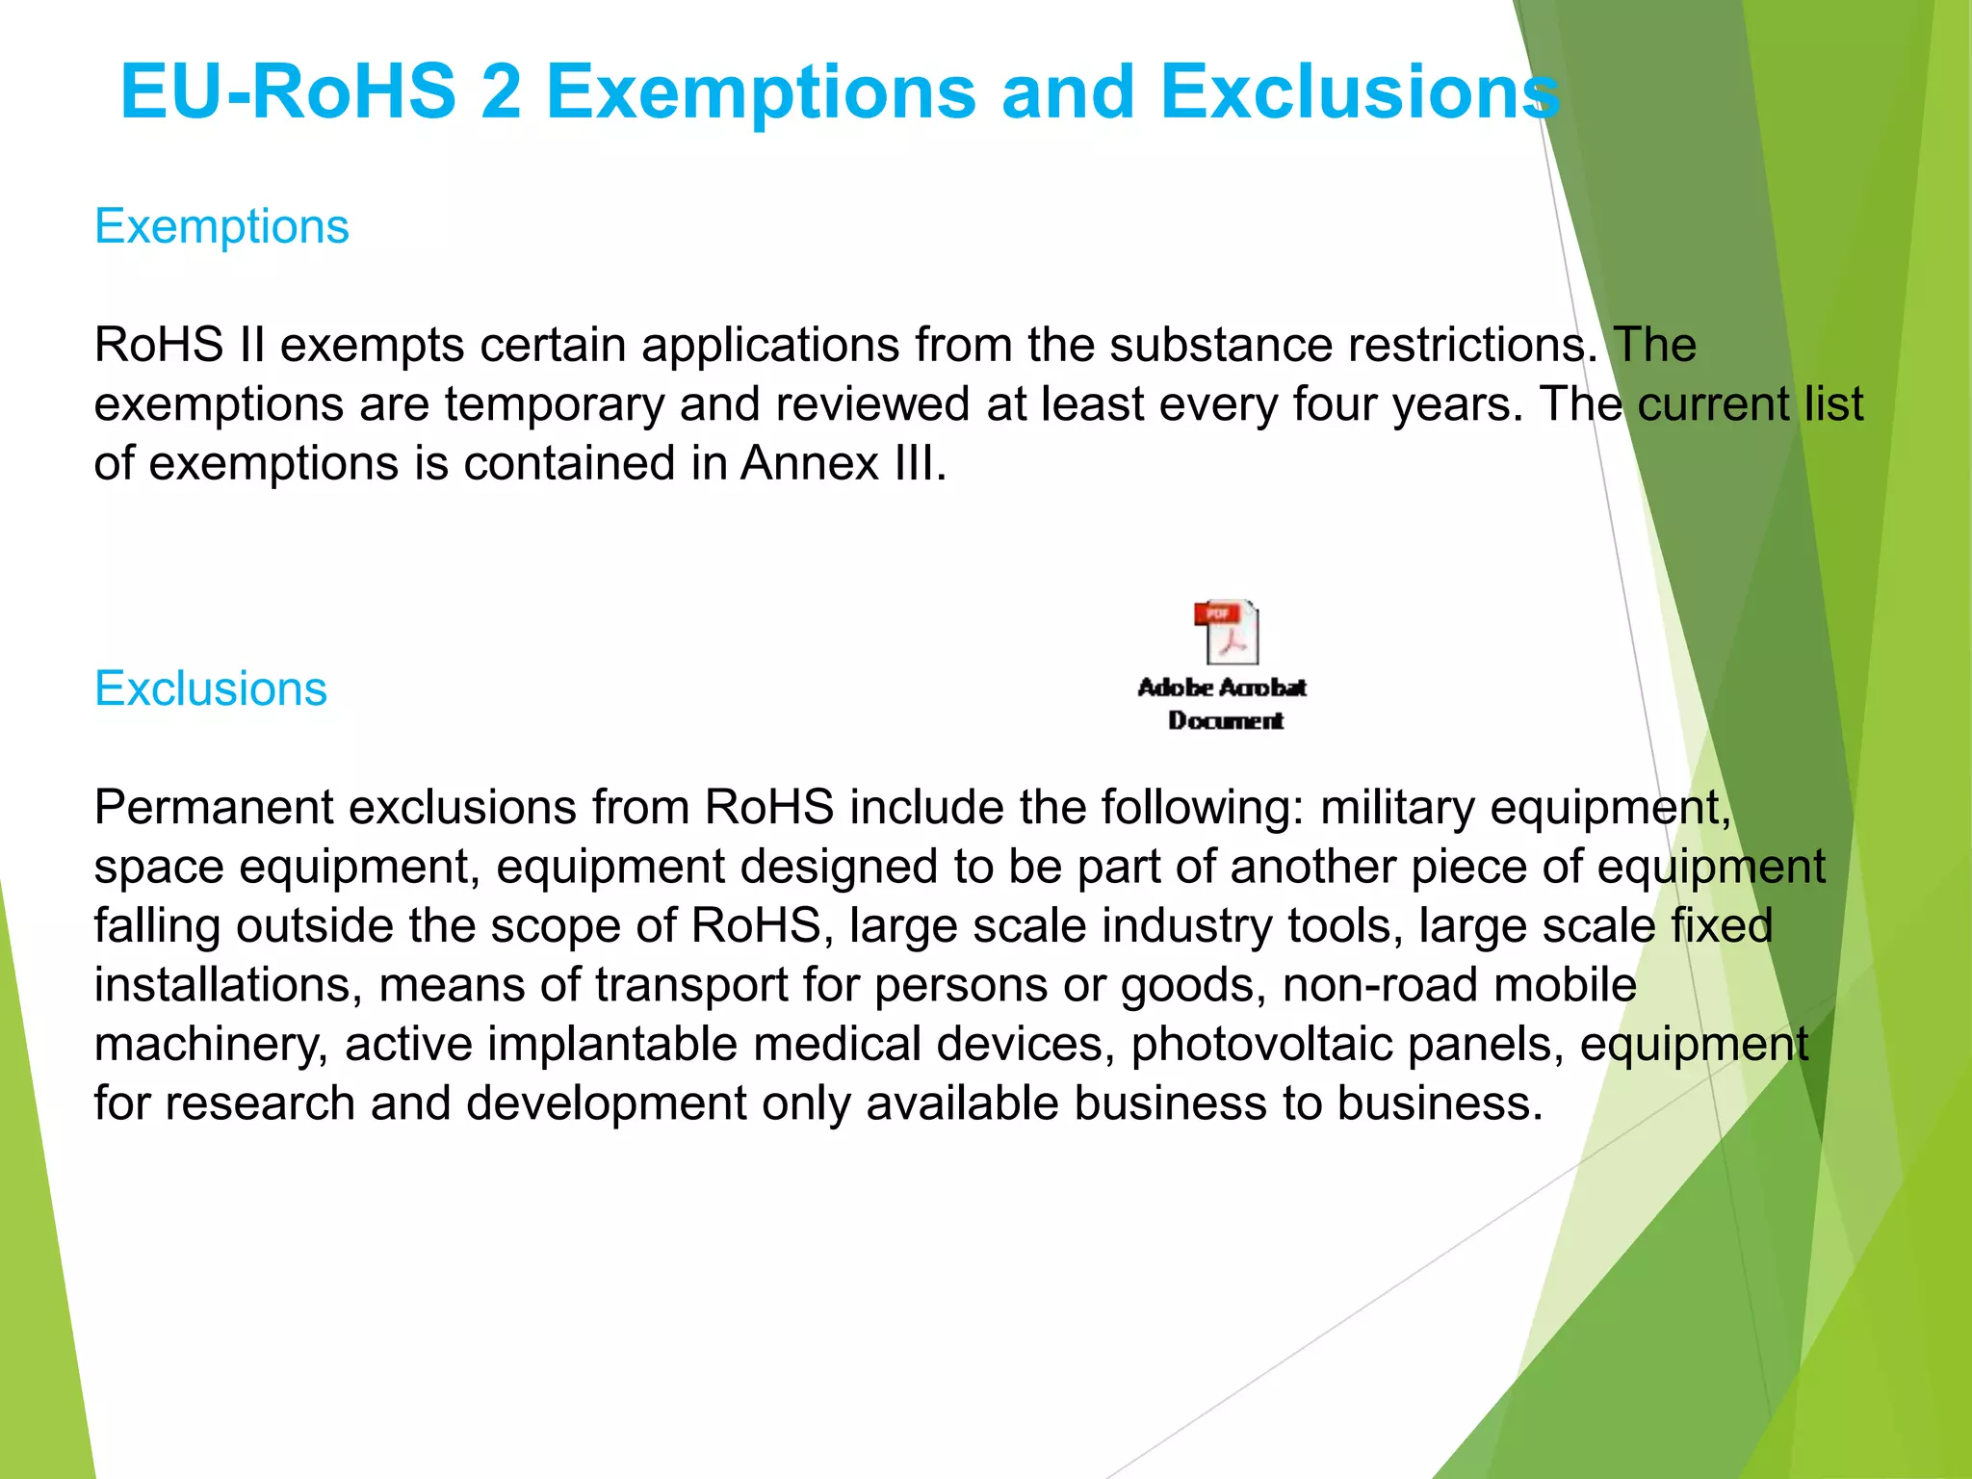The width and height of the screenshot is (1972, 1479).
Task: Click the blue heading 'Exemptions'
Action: click(x=221, y=227)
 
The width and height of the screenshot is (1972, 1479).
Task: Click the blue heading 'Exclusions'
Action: click(x=211, y=689)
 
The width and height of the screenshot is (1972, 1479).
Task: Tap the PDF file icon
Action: click(x=1226, y=632)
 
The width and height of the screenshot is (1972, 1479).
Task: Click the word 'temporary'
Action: click(x=555, y=404)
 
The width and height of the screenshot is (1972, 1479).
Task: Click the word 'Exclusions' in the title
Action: click(x=1360, y=92)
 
